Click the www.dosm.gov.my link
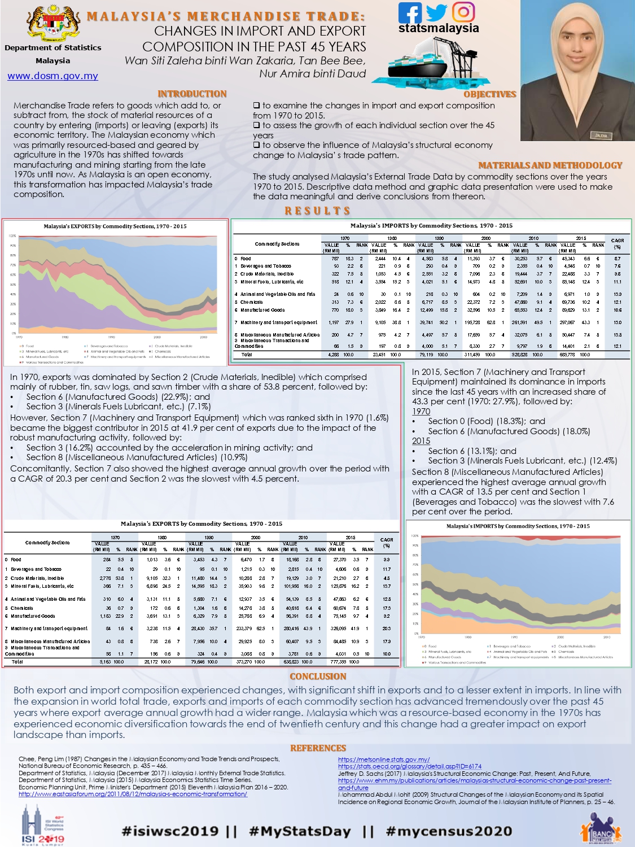click(52, 76)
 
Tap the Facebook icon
click(410, 13)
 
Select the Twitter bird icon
click(436, 12)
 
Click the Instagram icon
click(463, 12)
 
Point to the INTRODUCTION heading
click(192, 94)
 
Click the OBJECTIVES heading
click(489, 94)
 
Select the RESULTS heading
click(317, 211)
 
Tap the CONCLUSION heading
click(318, 676)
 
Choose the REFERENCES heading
click(318, 748)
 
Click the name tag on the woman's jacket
click(599, 136)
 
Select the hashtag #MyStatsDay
click(300, 831)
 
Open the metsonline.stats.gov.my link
click(384, 759)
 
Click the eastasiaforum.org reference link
click(133, 794)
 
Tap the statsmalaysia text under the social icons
click(439, 28)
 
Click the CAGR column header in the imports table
click(617, 243)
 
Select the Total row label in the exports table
click(17, 661)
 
